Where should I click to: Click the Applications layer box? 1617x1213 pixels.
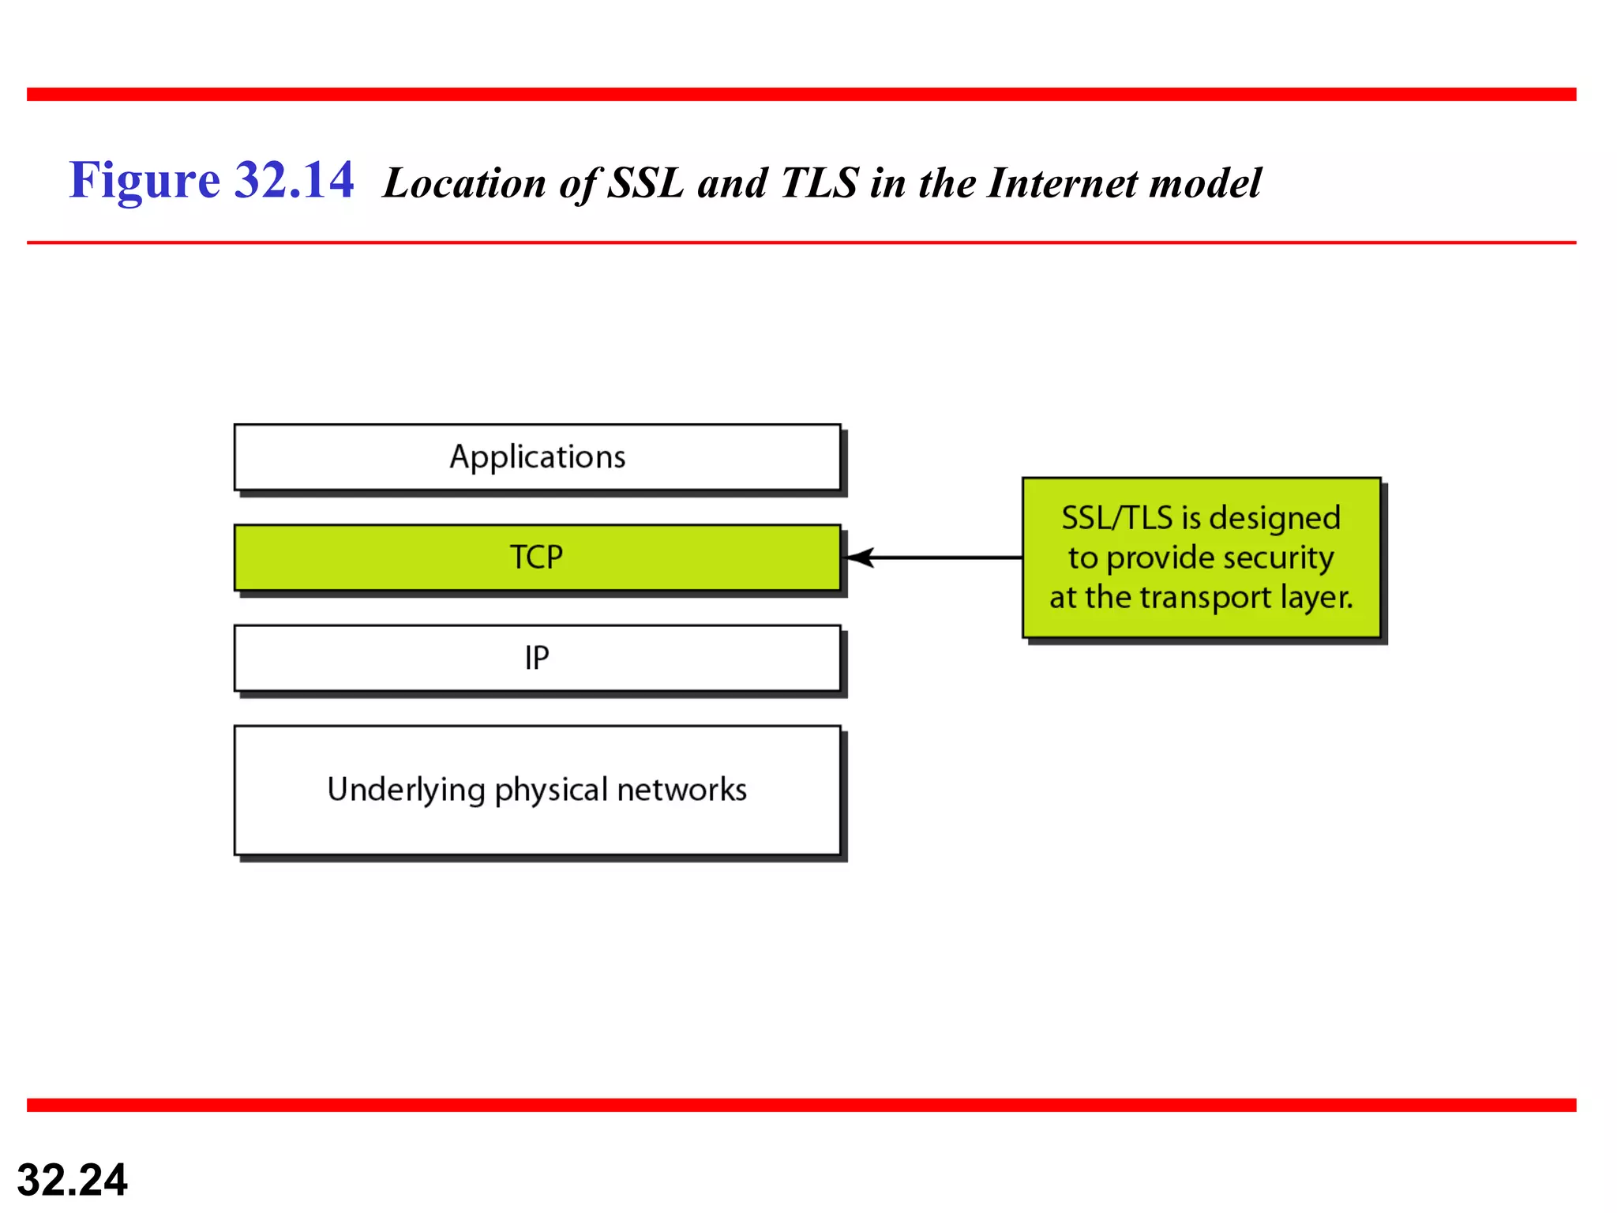click(537, 457)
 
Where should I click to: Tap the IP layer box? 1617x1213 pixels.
click(537, 658)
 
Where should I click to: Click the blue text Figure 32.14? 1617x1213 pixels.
click(212, 180)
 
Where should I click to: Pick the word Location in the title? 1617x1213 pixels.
click(464, 183)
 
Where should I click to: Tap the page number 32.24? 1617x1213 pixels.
click(72, 1180)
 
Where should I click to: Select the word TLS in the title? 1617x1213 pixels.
click(819, 183)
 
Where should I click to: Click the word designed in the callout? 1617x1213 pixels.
click(1274, 519)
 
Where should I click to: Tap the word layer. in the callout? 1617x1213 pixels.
click(1316, 598)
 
